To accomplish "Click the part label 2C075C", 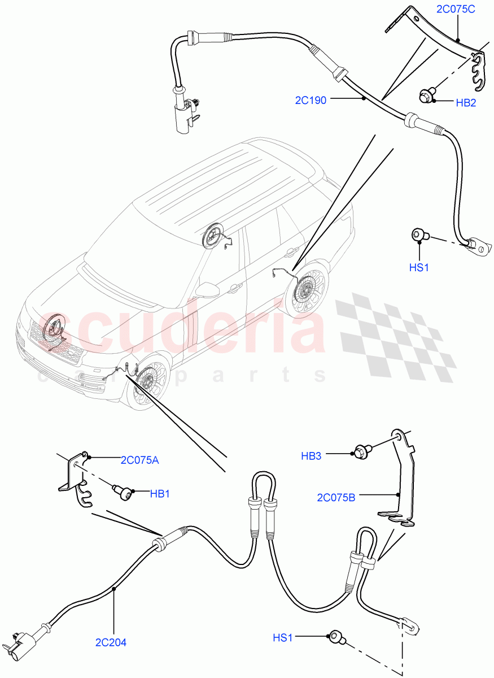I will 456,9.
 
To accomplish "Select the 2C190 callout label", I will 311,100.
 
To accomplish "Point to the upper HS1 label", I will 419,267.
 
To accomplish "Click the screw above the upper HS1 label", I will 419,234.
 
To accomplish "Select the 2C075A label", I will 139,460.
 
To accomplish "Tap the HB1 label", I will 160,494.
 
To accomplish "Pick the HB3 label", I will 311,456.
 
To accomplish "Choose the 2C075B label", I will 336,497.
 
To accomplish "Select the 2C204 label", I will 111,642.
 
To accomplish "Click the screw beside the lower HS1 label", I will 336,638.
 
